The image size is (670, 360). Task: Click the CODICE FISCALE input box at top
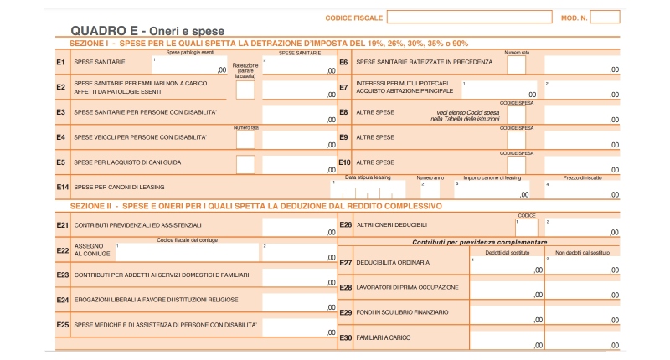click(469, 17)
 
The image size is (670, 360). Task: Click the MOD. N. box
click(605, 17)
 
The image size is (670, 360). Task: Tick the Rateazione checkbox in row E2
click(245, 89)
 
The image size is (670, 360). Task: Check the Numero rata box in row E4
click(245, 139)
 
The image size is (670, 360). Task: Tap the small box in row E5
click(245, 163)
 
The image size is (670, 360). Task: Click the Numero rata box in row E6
click(517, 64)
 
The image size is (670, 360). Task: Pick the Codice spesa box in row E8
click(517, 114)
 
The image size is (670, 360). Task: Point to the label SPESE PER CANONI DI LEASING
click(119, 187)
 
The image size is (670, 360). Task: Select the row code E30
click(345, 337)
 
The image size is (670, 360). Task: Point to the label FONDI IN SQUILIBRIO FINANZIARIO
click(401, 312)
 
